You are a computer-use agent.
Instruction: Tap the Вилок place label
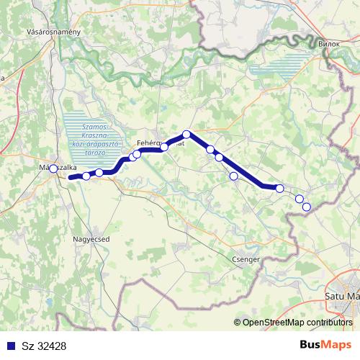[x=327, y=43]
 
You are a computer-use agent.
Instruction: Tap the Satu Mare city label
[x=342, y=295]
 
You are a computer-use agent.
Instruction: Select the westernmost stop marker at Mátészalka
[x=53, y=168]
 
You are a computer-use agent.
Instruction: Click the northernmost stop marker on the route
[x=186, y=134]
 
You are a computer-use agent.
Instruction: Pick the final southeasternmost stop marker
[x=306, y=207]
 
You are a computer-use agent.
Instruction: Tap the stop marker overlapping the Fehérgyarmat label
[x=164, y=147]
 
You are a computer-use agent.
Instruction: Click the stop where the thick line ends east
[x=279, y=189]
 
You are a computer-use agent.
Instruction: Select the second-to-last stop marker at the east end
[x=300, y=199]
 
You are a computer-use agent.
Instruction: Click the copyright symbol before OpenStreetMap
[x=237, y=323]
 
